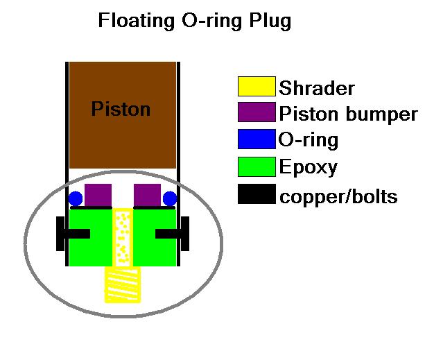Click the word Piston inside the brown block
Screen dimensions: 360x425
[121, 109]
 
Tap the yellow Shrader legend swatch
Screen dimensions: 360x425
[256, 87]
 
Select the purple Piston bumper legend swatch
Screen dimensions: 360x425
[256, 113]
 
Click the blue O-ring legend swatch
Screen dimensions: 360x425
[256, 139]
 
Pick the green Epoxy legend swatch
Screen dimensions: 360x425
[256, 166]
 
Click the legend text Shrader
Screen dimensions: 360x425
[317, 88]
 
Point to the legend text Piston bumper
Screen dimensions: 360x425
[348, 114]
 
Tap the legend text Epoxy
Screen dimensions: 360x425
[309, 167]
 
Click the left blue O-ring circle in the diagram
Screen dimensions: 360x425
[76, 198]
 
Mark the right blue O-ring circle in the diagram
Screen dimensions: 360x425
[169, 198]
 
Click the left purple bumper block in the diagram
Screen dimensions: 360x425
[98, 194]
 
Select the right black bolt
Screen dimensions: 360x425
[173, 234]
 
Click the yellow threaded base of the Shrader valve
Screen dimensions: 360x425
[123, 285]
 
